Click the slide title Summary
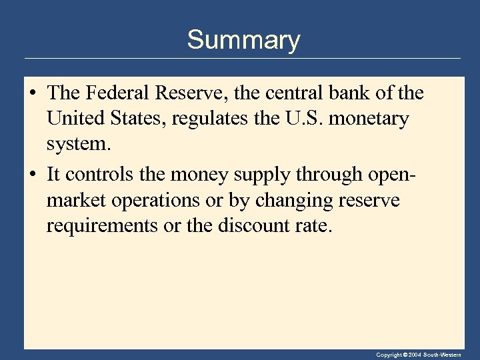243,40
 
